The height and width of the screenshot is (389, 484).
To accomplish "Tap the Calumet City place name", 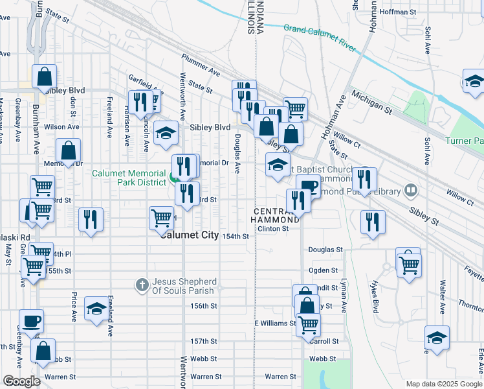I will (x=190, y=235).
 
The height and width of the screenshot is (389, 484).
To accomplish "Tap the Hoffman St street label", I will (x=398, y=12).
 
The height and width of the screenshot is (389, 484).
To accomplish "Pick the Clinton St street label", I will (x=272, y=228).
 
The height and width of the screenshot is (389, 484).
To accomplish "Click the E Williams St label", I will (x=274, y=323).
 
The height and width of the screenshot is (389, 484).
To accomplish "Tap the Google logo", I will (x=21, y=381).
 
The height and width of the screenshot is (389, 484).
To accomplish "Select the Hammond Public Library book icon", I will (x=410, y=191).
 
